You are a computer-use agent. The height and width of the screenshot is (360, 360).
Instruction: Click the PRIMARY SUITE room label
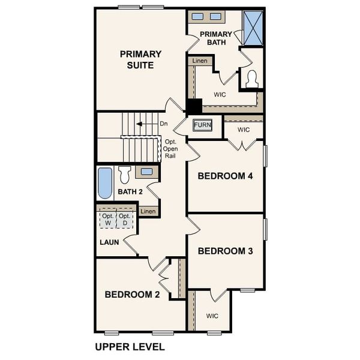141,59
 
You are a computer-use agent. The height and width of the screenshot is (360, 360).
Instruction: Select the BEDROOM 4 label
226,176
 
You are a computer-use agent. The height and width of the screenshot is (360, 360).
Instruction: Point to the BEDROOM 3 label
226,251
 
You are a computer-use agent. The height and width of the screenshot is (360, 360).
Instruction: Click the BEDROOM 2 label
132,295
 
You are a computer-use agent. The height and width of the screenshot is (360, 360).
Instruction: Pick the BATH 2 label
130,192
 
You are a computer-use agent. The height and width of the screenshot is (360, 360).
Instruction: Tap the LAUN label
109,242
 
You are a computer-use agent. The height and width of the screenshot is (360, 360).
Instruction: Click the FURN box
202,125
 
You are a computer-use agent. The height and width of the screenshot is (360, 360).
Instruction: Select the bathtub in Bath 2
105,184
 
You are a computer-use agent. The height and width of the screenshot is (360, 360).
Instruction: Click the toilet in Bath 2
125,175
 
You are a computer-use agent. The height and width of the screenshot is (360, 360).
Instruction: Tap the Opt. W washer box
108,220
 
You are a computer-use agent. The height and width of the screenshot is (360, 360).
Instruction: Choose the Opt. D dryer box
124,220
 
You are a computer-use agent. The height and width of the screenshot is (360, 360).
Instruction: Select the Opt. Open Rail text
170,149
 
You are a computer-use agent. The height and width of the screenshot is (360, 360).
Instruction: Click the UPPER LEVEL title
130,347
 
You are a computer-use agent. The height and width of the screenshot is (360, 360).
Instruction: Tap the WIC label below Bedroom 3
212,316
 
